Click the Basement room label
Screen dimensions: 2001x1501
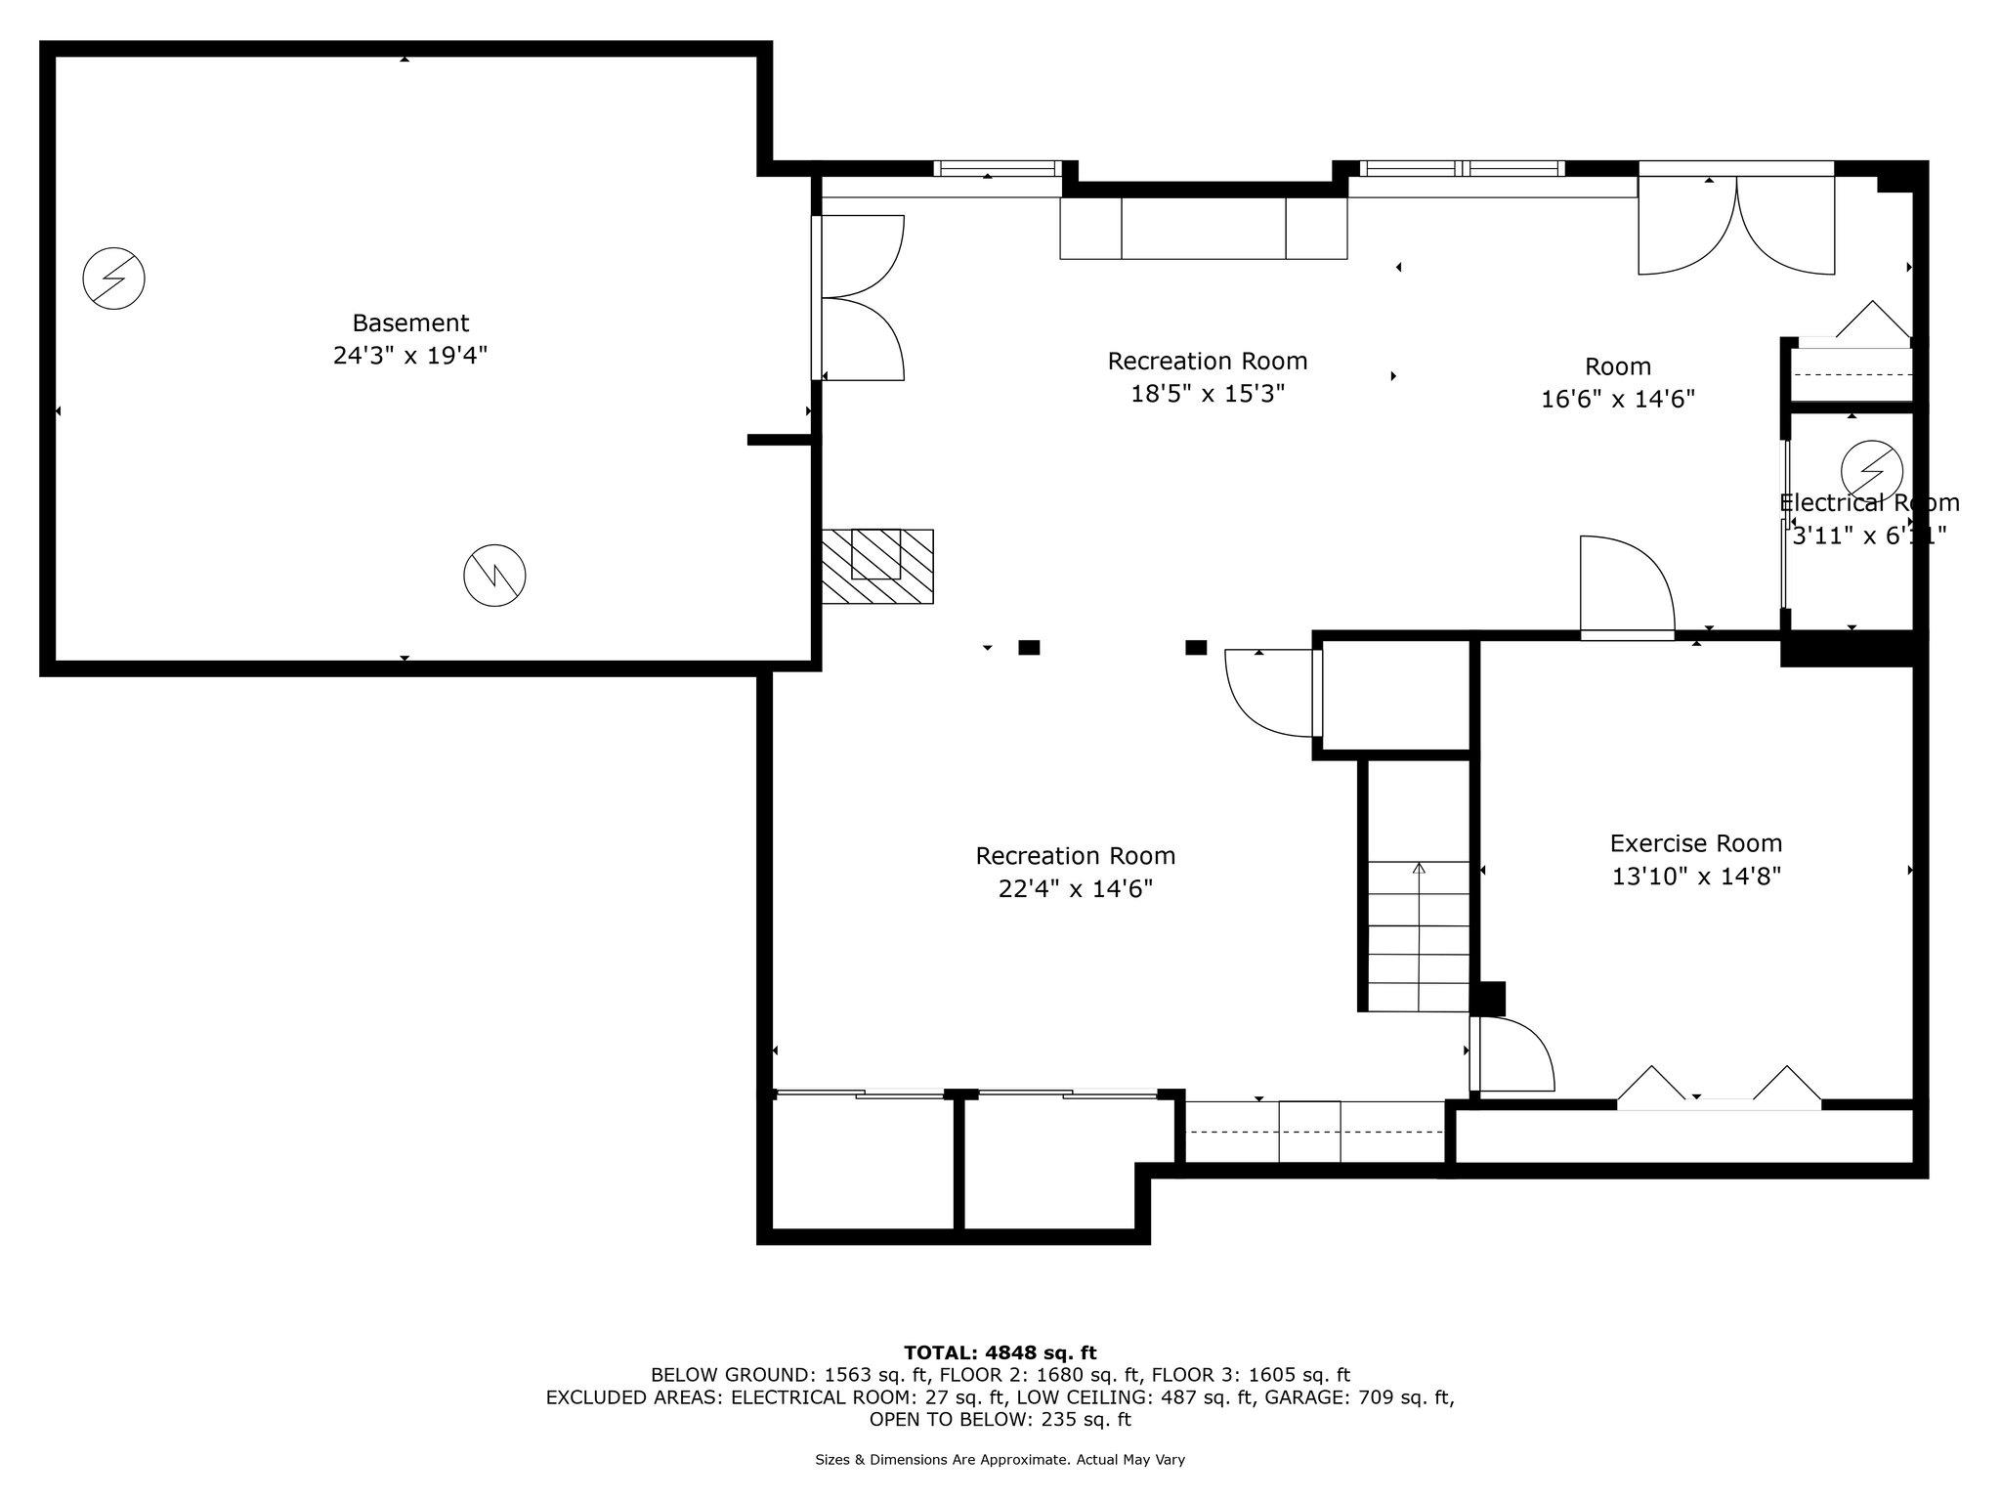[x=410, y=322]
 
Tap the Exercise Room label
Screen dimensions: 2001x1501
[x=1696, y=843]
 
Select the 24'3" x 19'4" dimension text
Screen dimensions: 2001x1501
[x=410, y=356]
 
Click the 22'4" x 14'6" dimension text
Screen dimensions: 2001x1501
[x=1076, y=889]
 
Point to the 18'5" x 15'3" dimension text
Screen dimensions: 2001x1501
[x=1208, y=394]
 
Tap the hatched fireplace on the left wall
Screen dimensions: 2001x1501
[x=877, y=567]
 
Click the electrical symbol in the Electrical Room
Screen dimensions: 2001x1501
[x=1872, y=471]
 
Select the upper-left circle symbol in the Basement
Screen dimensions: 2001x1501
[x=113, y=279]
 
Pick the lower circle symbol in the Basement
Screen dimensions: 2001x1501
[x=494, y=576]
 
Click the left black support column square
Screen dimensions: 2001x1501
[x=1029, y=647]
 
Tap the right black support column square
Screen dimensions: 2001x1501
[x=1196, y=647]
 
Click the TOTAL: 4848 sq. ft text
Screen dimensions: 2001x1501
[x=1000, y=1353]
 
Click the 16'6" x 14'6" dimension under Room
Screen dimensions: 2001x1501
[x=1618, y=400]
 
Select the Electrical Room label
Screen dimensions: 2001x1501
[x=1869, y=503]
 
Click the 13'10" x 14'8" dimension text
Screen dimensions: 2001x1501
[x=1696, y=877]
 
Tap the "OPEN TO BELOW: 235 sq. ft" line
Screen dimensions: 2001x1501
[x=1000, y=1419]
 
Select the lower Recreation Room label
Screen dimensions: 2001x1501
[x=1076, y=856]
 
